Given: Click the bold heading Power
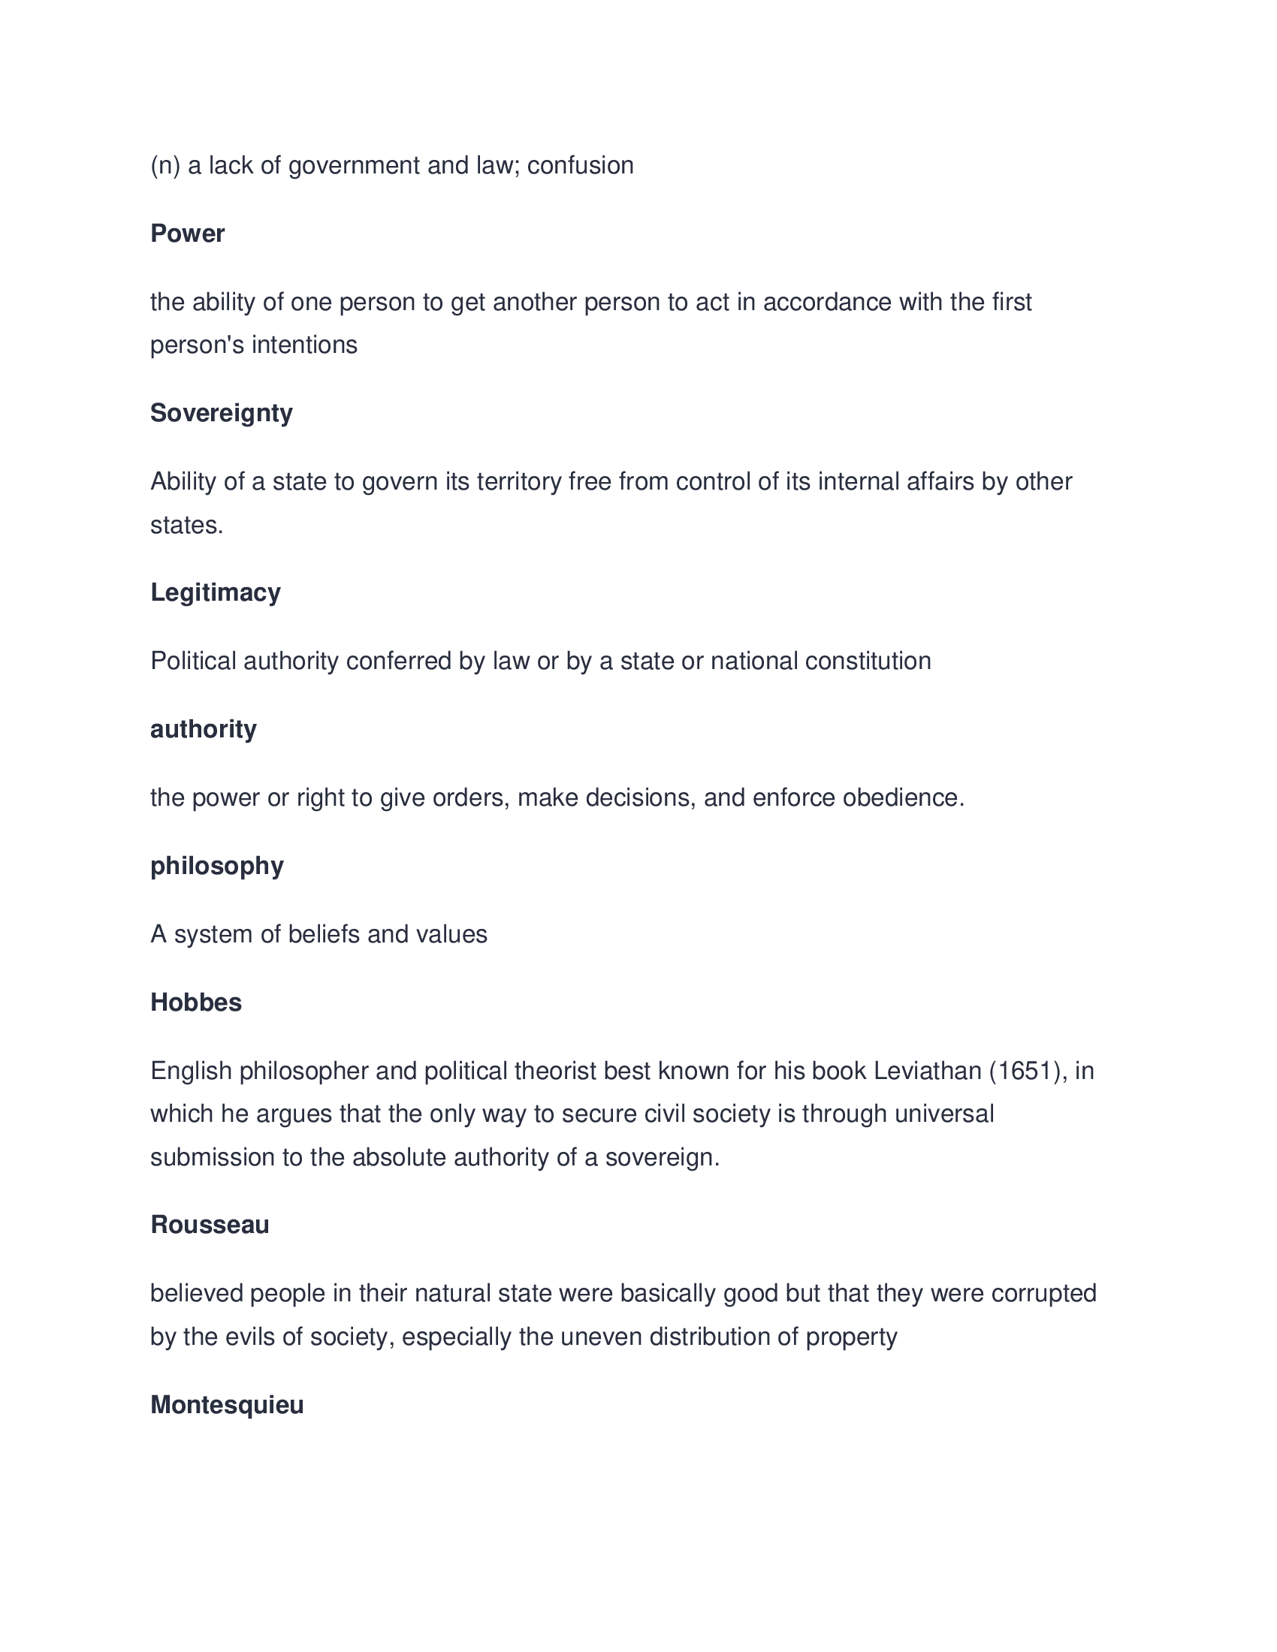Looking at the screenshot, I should pos(187,234).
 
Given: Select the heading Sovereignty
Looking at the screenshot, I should pos(221,413).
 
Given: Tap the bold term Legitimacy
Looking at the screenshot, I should pos(215,592).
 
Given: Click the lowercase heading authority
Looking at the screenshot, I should pos(203,729).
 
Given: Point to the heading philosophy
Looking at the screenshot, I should pos(216,866).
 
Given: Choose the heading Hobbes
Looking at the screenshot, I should pos(196,1003).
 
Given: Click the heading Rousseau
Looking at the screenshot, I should pos(210,1225).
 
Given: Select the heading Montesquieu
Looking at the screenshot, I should pos(227,1406).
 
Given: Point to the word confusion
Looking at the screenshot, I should pos(580,166).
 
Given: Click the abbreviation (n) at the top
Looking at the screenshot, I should pos(165,166).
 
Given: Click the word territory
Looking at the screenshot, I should pos(519,482).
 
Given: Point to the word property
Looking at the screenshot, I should pos(851,1337).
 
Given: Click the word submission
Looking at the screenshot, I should pos(212,1158).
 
